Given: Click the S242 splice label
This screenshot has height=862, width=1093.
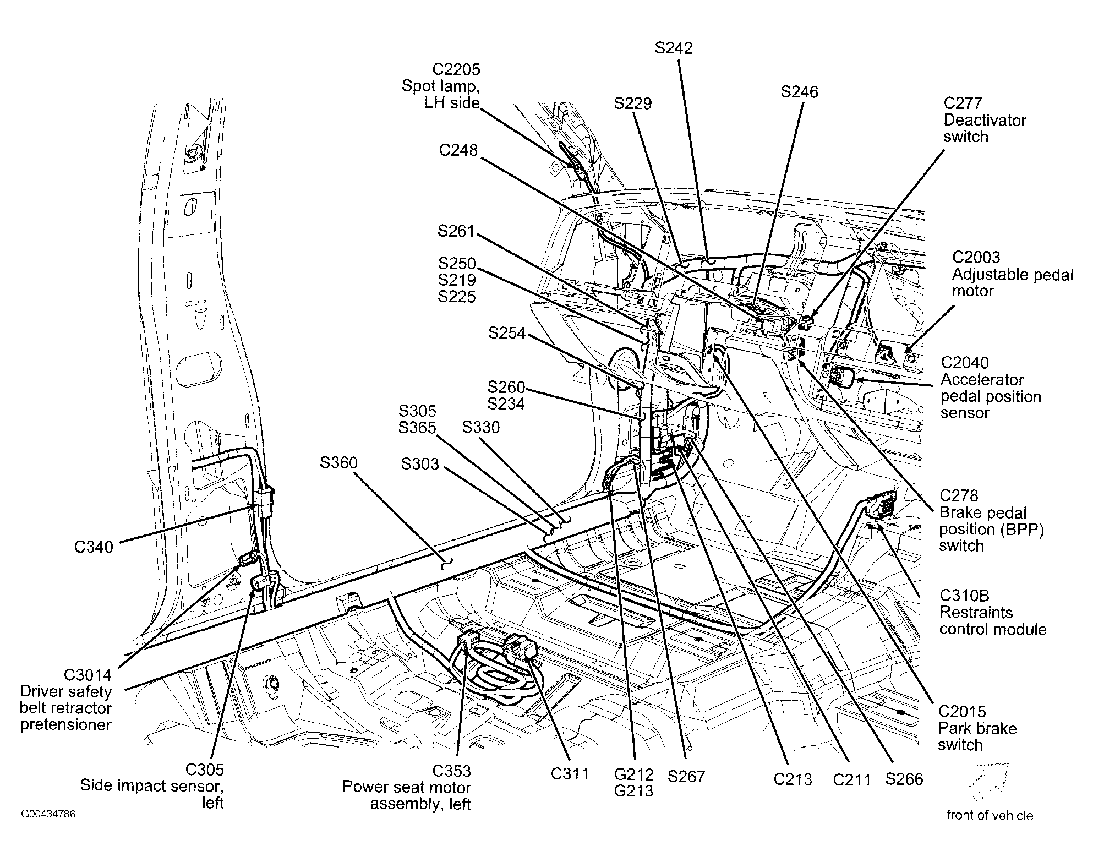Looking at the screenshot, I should (674, 48).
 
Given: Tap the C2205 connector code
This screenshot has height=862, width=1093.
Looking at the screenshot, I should (456, 69).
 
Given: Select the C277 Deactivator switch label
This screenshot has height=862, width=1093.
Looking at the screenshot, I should (985, 119).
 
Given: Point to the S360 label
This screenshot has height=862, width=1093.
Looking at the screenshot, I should (338, 463).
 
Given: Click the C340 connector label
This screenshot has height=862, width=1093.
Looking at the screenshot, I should (94, 547).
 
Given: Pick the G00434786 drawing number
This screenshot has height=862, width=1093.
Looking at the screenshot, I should (48, 814).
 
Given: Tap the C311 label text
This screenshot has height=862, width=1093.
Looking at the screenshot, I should (570, 774).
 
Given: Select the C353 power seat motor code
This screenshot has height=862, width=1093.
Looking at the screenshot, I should (451, 771).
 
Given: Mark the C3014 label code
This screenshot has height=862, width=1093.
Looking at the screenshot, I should (88, 675).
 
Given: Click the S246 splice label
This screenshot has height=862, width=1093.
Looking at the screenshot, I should (799, 91).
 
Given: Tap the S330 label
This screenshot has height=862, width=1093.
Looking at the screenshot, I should (481, 427).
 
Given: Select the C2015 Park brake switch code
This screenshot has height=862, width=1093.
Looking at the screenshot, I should (962, 712).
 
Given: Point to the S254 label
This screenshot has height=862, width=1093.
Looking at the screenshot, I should (506, 333).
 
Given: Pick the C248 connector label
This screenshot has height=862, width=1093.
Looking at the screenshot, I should (458, 150).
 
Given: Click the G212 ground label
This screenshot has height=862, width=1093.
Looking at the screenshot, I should (634, 774).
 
